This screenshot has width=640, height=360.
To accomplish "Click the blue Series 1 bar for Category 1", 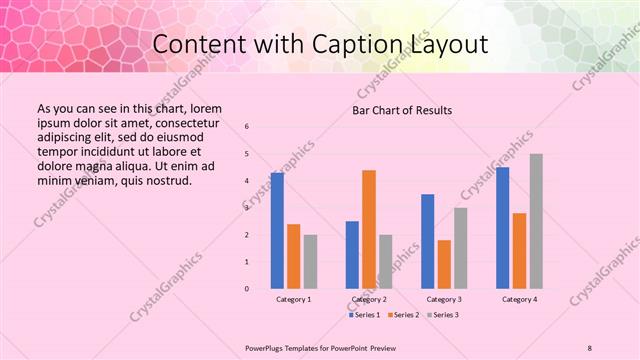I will [277, 231].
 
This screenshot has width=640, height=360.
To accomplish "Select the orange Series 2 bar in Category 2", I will [369, 229].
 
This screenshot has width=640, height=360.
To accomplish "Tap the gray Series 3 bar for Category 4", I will [536, 221].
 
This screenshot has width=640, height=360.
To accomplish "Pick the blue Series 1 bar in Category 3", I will [428, 241].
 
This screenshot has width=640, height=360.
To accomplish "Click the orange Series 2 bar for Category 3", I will [444, 264].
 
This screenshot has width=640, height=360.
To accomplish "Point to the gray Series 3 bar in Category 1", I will [310, 262].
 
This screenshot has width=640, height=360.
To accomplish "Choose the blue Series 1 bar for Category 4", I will [503, 228].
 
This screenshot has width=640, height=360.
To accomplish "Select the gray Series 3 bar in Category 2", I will [386, 262].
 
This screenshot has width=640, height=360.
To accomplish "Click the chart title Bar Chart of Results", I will [403, 110].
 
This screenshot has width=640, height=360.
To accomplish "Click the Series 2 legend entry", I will [404, 315].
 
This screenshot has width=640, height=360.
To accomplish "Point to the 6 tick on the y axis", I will [247, 126].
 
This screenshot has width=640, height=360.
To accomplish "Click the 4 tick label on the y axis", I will [247, 180].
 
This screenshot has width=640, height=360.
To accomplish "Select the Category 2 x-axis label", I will [369, 299].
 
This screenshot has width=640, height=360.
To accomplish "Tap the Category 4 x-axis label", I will [519, 299].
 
